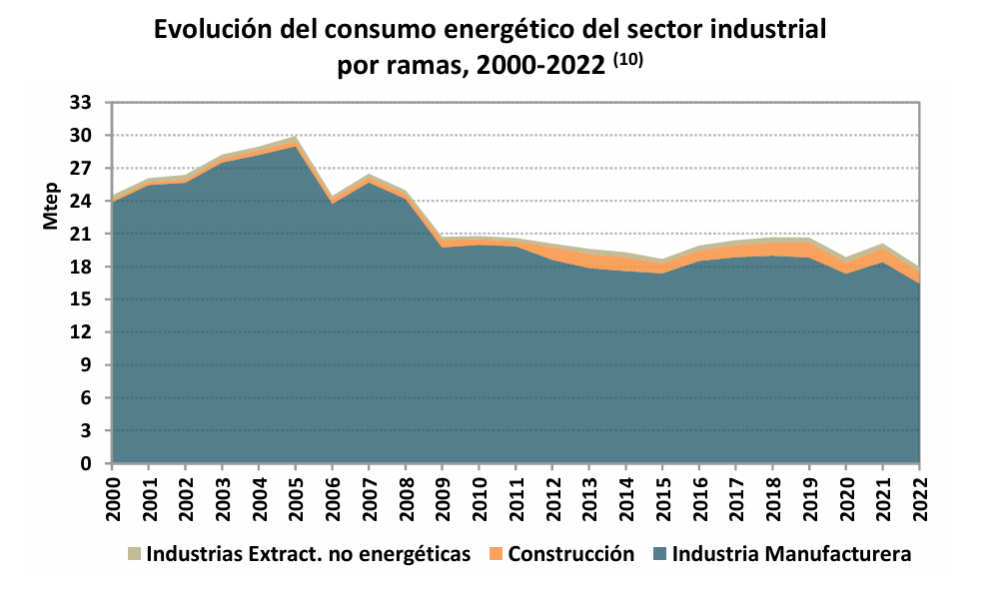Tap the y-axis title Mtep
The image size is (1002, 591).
coord(51,208)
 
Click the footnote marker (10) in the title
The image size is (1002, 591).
coord(627,60)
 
